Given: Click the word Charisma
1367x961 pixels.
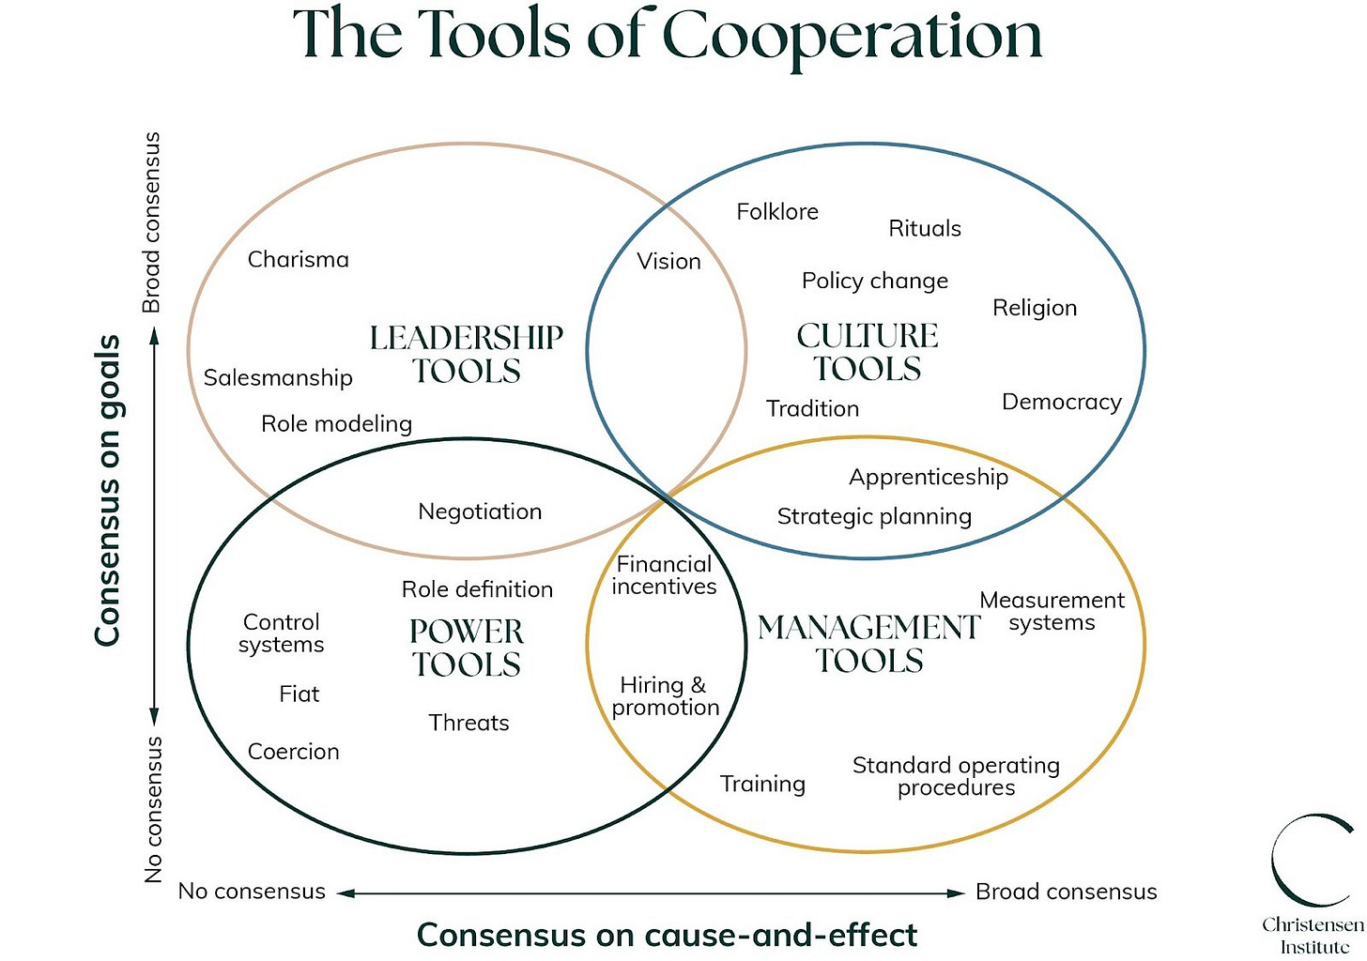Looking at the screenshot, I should pyautogui.click(x=298, y=260).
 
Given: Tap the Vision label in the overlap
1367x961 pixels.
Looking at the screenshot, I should pyautogui.click(x=668, y=262).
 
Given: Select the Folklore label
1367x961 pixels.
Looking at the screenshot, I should pyautogui.click(x=777, y=212).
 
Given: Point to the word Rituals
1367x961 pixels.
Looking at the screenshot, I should pyautogui.click(x=925, y=229).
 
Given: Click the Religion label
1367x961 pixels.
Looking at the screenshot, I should pyautogui.click(x=1035, y=309).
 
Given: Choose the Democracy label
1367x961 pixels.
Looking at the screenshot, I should pyautogui.click(x=1061, y=403).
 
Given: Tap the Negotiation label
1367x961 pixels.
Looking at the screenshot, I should pyautogui.click(x=480, y=512).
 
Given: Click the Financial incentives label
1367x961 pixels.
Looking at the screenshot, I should pyautogui.click(x=664, y=575).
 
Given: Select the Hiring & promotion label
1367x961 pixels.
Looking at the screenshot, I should pyautogui.click(x=665, y=696).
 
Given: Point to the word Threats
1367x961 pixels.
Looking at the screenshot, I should pyautogui.click(x=468, y=724).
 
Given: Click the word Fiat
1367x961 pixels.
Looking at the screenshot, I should pyautogui.click(x=300, y=694).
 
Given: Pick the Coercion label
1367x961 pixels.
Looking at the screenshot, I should pyautogui.click(x=293, y=753).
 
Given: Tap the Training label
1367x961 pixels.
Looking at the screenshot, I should pyautogui.click(x=762, y=785).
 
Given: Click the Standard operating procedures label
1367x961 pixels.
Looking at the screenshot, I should pyautogui.click(x=956, y=776).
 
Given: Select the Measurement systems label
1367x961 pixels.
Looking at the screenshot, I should pyautogui.click(x=1052, y=612).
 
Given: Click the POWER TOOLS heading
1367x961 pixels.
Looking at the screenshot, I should pyautogui.click(x=467, y=648).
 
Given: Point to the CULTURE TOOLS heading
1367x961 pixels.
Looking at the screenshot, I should pyautogui.click(x=868, y=352).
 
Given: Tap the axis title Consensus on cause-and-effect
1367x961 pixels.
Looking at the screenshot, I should pyautogui.click(x=667, y=936).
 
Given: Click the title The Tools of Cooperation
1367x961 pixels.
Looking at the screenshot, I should pyautogui.click(x=668, y=36).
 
